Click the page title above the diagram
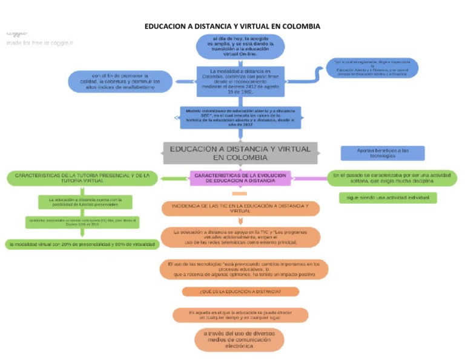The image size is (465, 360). coord(232,26)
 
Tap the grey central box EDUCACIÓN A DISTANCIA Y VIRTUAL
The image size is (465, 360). coord(240,153)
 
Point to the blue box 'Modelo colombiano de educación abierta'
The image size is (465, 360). coord(240,117)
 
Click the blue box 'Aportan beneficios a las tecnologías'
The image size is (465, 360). coord(382,153)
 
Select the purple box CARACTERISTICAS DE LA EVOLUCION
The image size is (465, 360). coord(240,178)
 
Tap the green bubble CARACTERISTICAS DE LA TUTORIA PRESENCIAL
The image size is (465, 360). coord(82,178)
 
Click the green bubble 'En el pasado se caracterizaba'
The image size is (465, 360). coord(391,178)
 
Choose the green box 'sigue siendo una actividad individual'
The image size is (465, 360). coord(387,198)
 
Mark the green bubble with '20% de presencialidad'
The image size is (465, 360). coord(82,244)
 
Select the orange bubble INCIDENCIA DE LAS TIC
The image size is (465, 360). coord(240,208)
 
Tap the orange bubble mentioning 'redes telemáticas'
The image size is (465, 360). coord(240,237)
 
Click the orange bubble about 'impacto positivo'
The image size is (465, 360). coord(245,269)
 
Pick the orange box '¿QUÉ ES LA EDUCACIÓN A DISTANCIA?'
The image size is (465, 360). coord(240,292)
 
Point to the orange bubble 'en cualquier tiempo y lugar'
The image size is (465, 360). coord(240,315)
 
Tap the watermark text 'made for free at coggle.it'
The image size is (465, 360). coord(40,43)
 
